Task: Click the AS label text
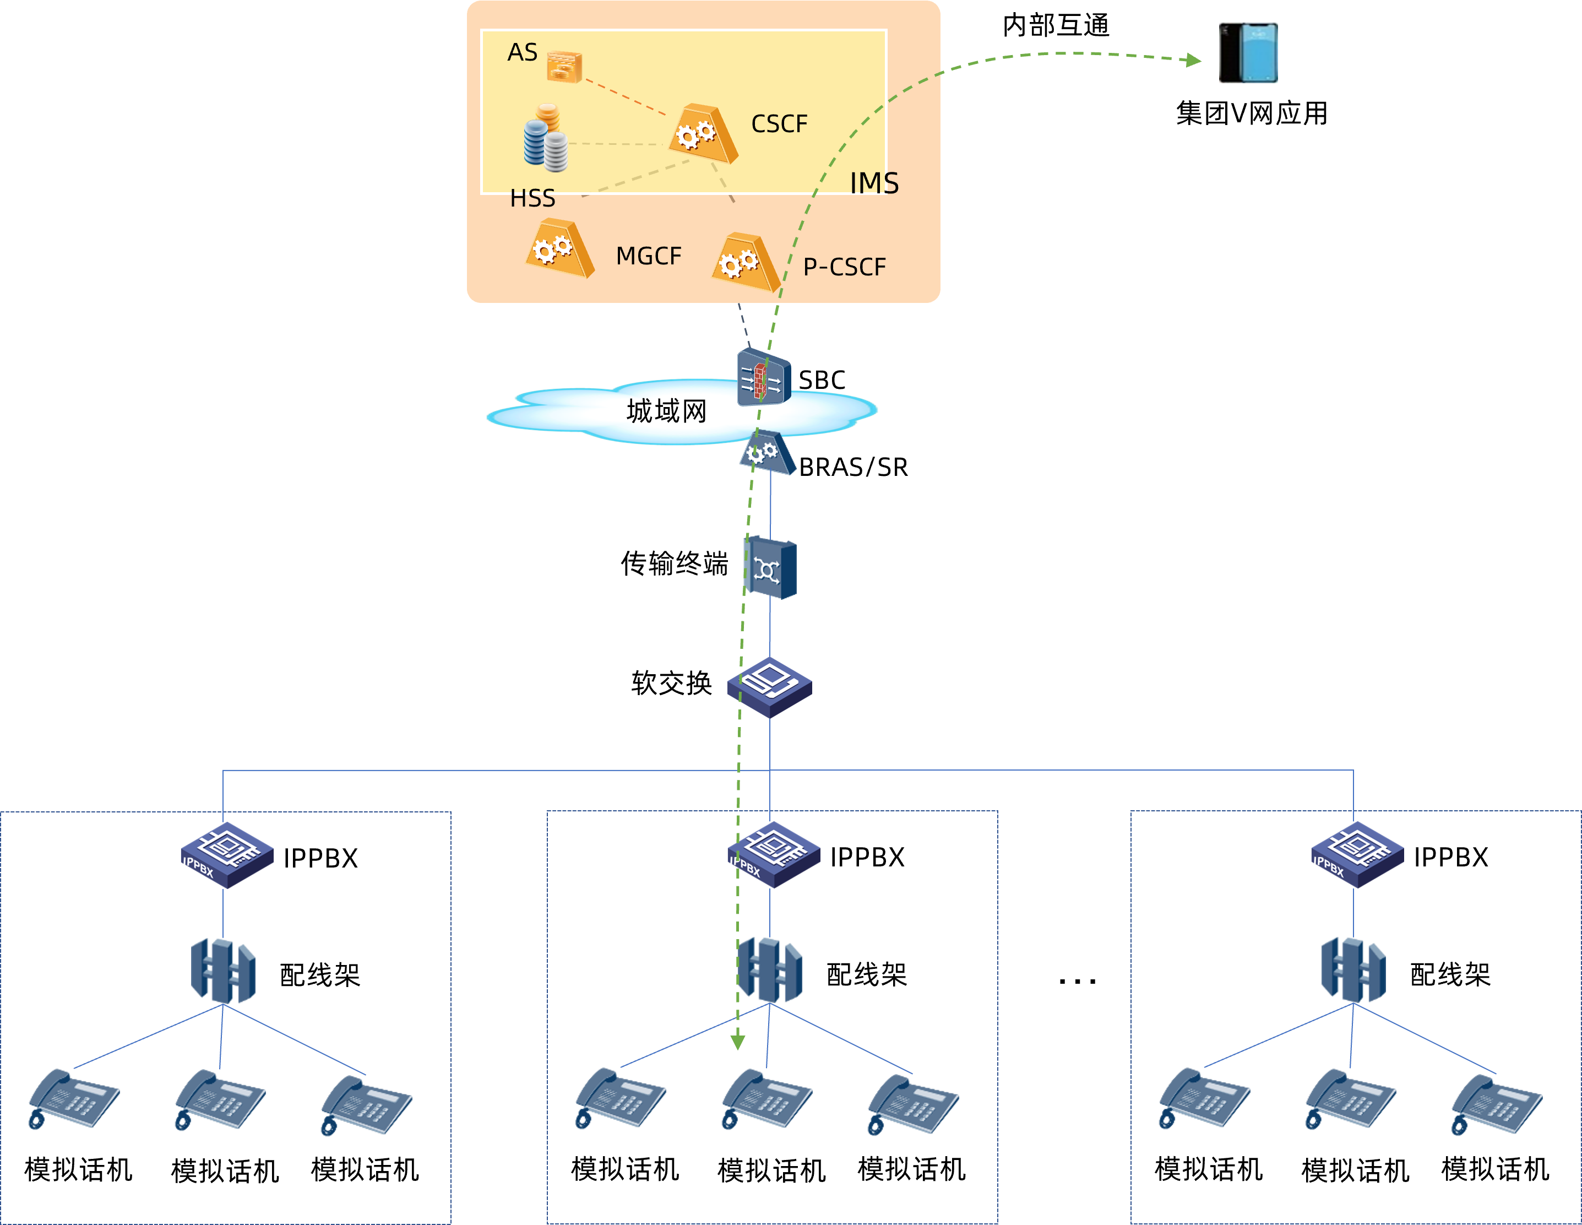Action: [x=522, y=53]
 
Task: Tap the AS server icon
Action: [x=564, y=67]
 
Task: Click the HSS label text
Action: [x=532, y=198]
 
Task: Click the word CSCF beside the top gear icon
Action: [x=779, y=124]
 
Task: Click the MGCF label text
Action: [x=648, y=257]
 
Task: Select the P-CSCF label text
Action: [x=844, y=267]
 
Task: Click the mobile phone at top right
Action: [x=1248, y=53]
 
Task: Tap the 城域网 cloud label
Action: [x=666, y=411]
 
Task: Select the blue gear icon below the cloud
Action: [x=768, y=453]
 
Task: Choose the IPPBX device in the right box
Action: [x=1357, y=855]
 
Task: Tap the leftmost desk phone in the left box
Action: [x=74, y=1098]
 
